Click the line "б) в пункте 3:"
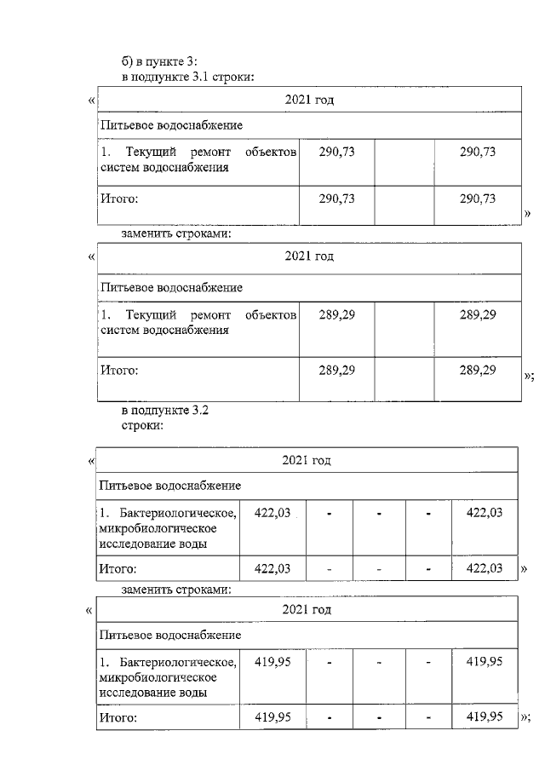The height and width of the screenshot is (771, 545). point(159,61)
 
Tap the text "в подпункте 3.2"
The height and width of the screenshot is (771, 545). point(165,410)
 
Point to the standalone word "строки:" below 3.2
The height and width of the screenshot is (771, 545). point(141,424)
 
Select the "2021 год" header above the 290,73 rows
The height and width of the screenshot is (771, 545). point(308,100)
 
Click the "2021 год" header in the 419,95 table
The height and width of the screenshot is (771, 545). point(307,610)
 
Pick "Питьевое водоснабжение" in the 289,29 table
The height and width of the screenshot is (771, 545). point(171,287)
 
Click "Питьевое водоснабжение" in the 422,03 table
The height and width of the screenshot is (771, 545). point(169,486)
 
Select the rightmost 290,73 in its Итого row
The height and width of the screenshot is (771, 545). point(477,199)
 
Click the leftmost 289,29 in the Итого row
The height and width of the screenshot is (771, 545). point(336,370)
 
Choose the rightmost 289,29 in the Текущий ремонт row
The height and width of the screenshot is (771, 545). point(477,315)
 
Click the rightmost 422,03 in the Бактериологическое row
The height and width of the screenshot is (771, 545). point(484,512)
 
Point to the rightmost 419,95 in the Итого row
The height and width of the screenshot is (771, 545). point(484,717)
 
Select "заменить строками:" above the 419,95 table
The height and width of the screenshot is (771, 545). point(177,588)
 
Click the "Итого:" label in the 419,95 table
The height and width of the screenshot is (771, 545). point(118,718)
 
